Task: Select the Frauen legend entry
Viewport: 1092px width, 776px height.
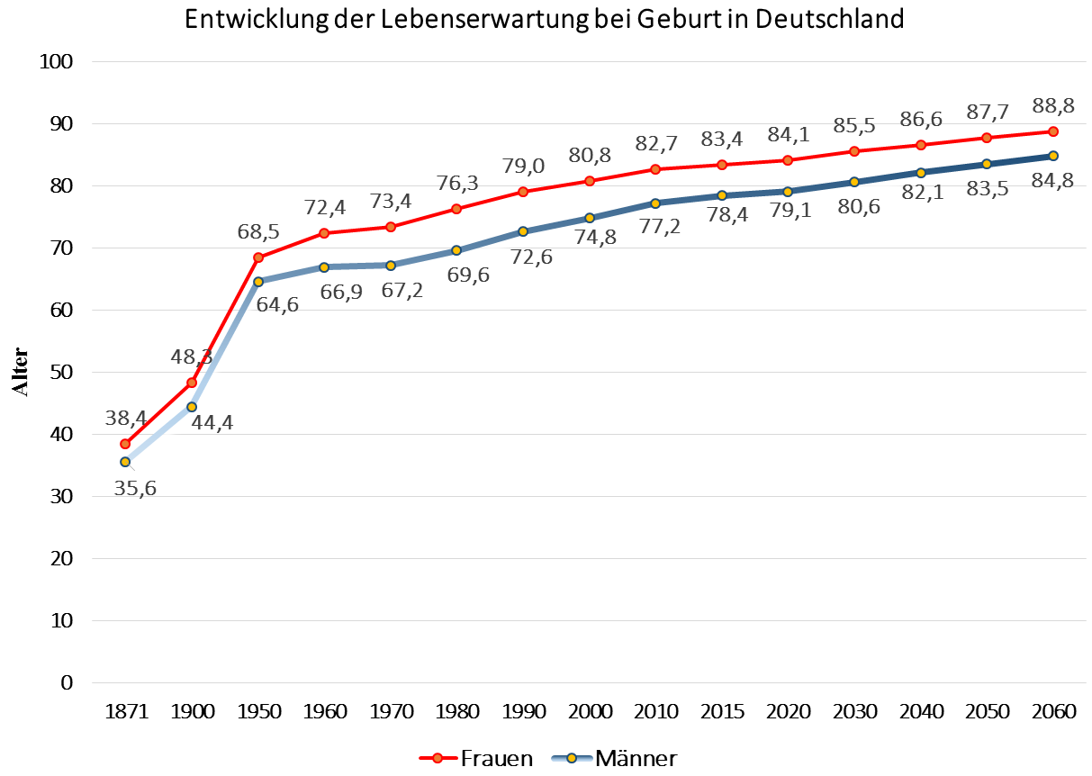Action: click(x=476, y=759)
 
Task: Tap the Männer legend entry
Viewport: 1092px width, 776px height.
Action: click(x=611, y=759)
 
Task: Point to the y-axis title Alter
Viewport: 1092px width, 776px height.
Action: click(x=20, y=372)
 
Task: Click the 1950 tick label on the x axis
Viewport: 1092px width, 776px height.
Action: click(x=258, y=712)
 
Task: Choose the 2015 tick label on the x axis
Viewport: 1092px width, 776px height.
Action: click(x=722, y=712)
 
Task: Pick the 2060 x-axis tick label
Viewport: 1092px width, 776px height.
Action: click(x=1053, y=712)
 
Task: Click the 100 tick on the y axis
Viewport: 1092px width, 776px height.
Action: click(x=56, y=62)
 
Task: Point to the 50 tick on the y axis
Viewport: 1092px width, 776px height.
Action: click(x=61, y=372)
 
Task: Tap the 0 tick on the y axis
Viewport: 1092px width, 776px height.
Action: click(x=67, y=682)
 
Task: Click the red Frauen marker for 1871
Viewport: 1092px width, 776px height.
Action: click(x=125, y=444)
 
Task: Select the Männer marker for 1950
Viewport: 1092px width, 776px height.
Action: click(x=258, y=282)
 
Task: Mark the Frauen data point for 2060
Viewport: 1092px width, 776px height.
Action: click(x=1053, y=131)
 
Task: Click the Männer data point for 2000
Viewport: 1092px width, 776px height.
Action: click(x=590, y=218)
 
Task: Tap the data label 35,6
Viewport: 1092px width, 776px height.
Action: click(x=136, y=492)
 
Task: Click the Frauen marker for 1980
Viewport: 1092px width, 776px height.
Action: click(x=456, y=209)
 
